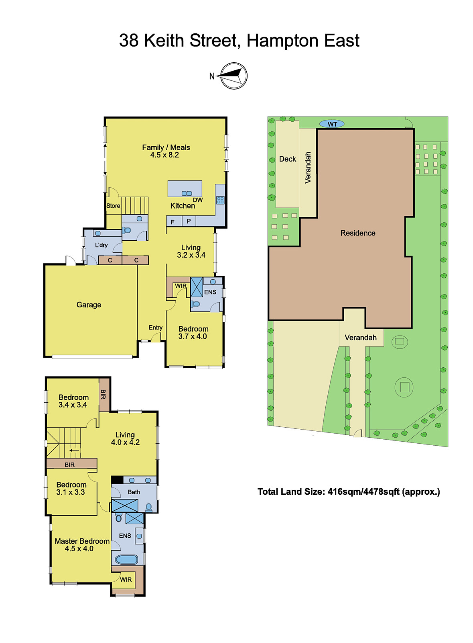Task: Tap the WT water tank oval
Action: (332, 124)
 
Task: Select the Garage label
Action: (89, 305)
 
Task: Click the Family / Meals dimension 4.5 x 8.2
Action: (164, 155)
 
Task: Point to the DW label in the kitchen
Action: (198, 200)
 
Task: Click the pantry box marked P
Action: (189, 221)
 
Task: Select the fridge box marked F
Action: (173, 222)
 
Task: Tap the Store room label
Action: (113, 206)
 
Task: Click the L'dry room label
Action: (101, 245)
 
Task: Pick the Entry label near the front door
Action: (155, 328)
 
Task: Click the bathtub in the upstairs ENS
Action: (126, 559)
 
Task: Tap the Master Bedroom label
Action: (82, 541)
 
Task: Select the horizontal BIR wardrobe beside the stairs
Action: (71, 465)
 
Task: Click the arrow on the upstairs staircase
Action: (74, 451)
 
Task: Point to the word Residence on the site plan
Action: (358, 233)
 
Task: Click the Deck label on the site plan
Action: (287, 159)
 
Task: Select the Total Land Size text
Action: (349, 492)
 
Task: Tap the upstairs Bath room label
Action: (134, 492)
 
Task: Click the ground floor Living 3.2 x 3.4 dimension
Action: (191, 255)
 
